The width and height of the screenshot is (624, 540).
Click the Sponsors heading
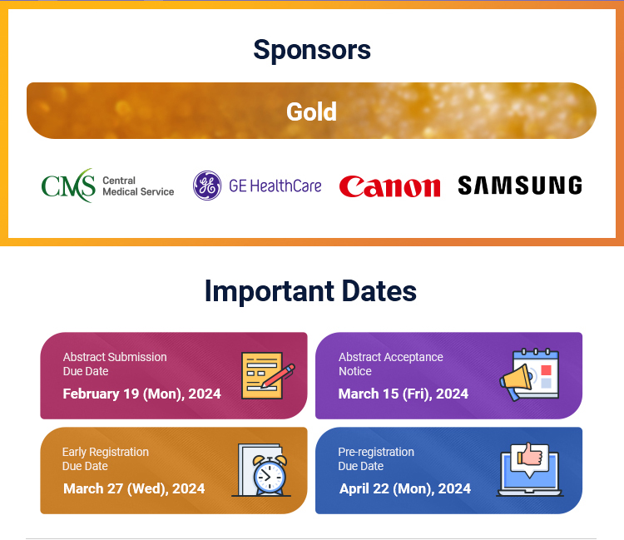(312, 50)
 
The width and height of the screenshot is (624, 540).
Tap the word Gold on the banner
(312, 111)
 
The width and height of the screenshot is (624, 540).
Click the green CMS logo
(68, 186)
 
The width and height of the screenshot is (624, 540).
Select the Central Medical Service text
(138, 186)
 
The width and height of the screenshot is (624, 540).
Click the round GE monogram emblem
(207, 186)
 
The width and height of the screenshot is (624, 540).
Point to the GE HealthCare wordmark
(275, 186)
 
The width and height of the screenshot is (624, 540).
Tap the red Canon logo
(389, 186)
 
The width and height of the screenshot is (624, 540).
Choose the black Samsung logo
(520, 186)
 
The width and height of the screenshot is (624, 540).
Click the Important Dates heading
(310, 291)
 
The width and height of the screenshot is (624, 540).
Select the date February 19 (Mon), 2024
(141, 394)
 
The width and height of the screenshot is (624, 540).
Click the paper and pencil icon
(268, 375)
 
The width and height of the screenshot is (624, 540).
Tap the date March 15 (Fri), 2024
(404, 394)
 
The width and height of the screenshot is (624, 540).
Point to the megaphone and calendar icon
(529, 375)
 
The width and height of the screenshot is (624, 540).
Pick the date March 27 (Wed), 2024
(134, 488)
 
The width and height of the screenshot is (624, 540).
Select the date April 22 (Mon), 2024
(405, 488)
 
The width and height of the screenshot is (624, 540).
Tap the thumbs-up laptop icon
(530, 469)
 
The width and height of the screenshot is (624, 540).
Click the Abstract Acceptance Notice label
(391, 364)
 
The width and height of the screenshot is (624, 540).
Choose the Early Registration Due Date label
(106, 458)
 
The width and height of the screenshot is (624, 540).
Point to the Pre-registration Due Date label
(376, 458)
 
